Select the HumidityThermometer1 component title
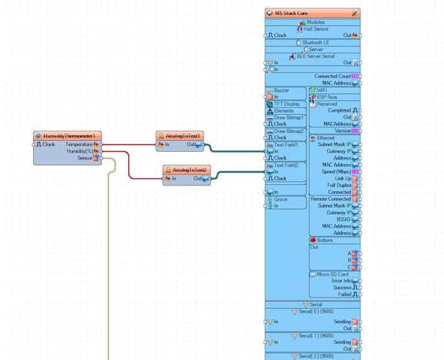69,136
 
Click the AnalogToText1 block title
183,136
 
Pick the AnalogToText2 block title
189,169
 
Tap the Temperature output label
78,144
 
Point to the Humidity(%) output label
80,151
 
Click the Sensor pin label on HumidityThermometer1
84,158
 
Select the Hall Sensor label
316,29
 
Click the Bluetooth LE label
316,42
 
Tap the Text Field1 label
286,145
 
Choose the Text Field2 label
286,165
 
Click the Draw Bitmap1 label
288,117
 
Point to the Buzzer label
281,90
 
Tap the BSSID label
342,219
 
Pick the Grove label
280,199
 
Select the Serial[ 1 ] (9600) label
316,335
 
